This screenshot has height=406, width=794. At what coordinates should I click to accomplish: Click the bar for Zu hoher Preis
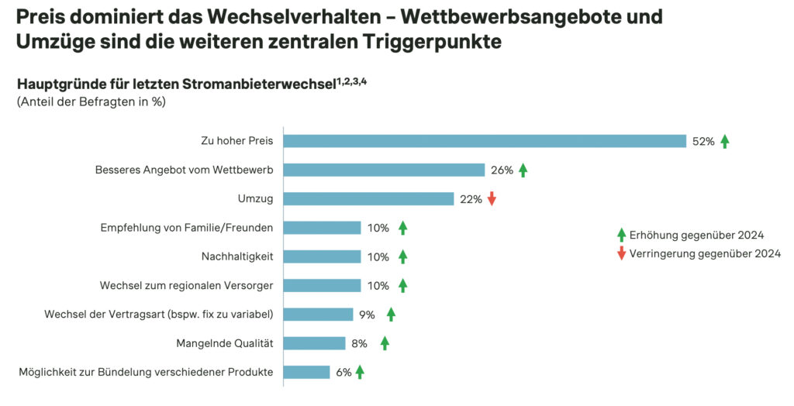pos(485,141)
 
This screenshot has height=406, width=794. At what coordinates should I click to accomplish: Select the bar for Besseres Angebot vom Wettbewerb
pos(384,170)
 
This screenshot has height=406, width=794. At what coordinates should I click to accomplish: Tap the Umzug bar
pos(368,199)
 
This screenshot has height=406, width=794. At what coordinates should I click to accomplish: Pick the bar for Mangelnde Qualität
pos(314,343)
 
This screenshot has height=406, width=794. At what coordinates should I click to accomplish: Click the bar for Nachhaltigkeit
pos(322,256)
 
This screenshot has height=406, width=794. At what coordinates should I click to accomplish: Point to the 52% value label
pos(703,141)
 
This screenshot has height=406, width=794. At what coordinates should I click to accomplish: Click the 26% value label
pos(502,170)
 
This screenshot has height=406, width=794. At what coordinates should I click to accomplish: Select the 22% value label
pos(471,199)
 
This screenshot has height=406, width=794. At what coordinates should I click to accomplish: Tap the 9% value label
pos(367,315)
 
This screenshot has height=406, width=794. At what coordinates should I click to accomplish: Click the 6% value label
pos(343,373)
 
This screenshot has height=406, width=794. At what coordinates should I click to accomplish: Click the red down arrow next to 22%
pos(492,199)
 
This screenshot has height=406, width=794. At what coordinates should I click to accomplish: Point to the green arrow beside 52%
pos(725,141)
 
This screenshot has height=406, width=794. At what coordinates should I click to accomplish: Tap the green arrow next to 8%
pos(385,343)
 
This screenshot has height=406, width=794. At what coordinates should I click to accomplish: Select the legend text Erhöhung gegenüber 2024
pos(697,235)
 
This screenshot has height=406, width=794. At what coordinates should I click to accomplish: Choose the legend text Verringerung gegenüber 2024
pos(705,253)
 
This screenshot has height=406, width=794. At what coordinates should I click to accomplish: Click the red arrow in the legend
pos(621,253)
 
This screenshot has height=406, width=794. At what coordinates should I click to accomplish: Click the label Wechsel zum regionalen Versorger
pos(186,286)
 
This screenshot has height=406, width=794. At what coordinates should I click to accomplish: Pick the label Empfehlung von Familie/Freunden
pos(187,228)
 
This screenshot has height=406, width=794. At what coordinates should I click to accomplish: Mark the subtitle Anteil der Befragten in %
pos(91,101)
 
